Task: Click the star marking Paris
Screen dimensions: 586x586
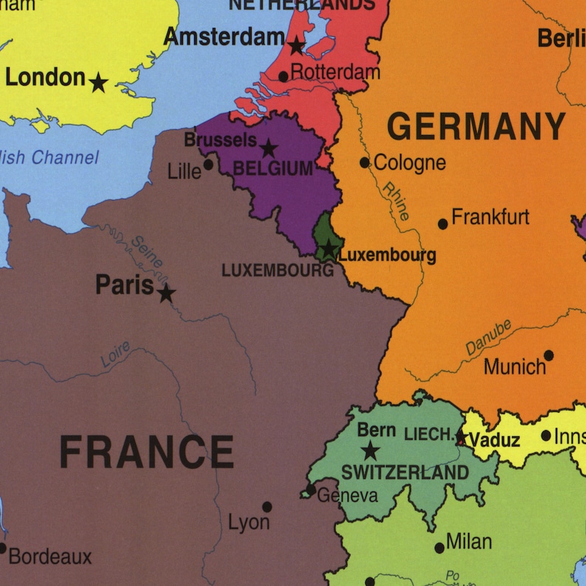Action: [x=167, y=293]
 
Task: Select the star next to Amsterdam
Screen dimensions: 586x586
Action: [x=296, y=46]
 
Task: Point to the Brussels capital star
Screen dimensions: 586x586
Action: [x=269, y=148]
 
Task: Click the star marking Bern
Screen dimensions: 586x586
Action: [x=370, y=450]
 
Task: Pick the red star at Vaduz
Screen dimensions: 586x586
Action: [x=461, y=438]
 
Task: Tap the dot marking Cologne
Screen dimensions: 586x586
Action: [x=365, y=162]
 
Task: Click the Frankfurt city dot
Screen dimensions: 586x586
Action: [x=443, y=224]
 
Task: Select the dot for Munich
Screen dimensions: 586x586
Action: [x=548, y=355]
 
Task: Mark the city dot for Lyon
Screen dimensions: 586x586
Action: [x=267, y=507]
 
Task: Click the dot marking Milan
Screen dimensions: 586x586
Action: [x=439, y=548]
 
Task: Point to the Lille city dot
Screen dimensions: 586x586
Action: [x=209, y=164]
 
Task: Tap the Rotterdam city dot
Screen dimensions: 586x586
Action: [x=283, y=77]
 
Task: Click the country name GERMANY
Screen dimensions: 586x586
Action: [x=476, y=127]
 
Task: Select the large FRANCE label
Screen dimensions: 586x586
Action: [x=146, y=452]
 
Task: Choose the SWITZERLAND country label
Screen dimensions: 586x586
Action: [x=404, y=472]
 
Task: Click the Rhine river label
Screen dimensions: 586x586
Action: [x=396, y=201]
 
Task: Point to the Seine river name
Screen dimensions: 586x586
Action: [x=146, y=251]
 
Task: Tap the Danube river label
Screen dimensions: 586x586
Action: [x=488, y=338]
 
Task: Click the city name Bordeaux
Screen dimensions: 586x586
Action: [x=50, y=556]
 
